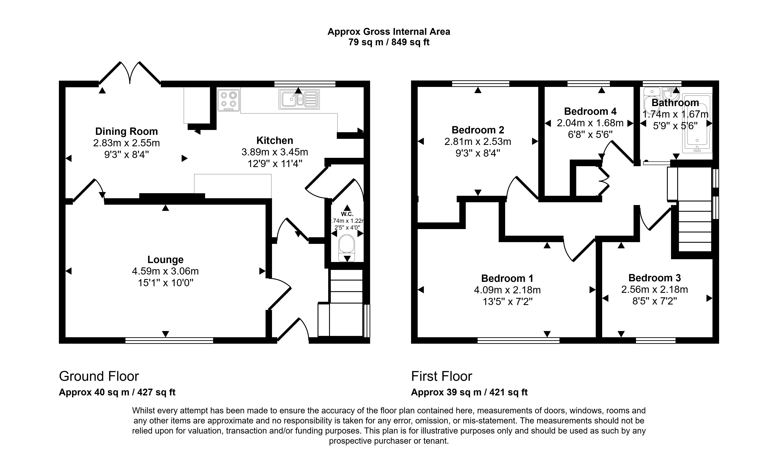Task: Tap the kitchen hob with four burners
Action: (229, 100)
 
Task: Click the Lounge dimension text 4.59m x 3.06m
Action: (165, 271)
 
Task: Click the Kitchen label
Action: (274, 140)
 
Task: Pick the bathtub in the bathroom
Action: (697, 124)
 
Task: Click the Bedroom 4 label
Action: (590, 111)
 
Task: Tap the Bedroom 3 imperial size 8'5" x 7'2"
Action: (654, 301)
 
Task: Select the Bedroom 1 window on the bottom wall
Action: (518, 341)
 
